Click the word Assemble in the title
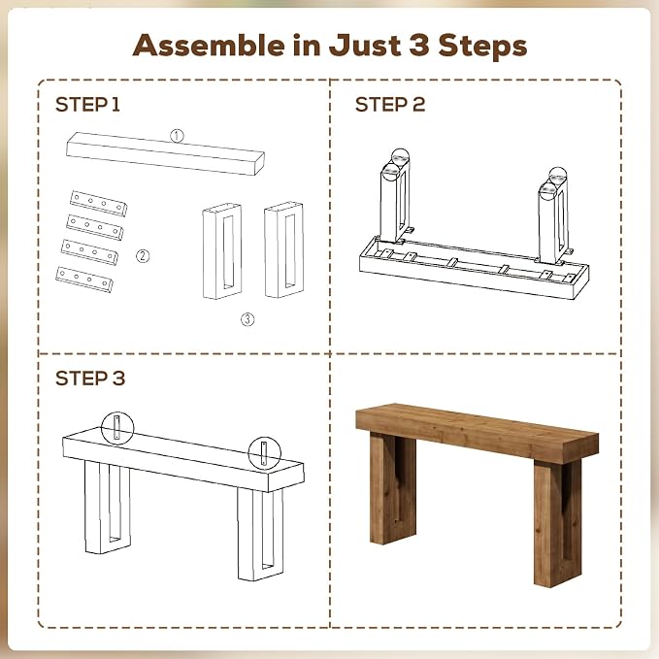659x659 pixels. click(x=209, y=45)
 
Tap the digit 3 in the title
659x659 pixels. click(x=418, y=45)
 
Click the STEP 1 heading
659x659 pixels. click(x=88, y=105)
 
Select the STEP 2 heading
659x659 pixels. click(x=390, y=105)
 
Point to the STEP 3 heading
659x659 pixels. click(x=90, y=379)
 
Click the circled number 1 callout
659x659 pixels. click(x=177, y=136)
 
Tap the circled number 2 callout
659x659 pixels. click(x=143, y=255)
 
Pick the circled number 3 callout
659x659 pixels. click(x=247, y=319)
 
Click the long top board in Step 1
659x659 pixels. click(x=165, y=153)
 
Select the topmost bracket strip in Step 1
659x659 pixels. click(x=99, y=203)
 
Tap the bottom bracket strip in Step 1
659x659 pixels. click(x=84, y=280)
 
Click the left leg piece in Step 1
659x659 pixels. click(x=222, y=251)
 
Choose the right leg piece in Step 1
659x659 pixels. click(x=284, y=249)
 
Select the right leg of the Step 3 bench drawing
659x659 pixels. click(x=260, y=534)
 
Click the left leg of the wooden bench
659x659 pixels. click(x=393, y=487)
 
